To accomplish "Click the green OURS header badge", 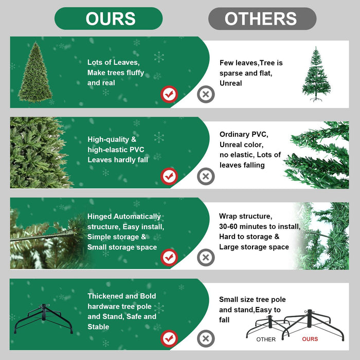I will [109, 19].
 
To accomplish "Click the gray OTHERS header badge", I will [262, 19].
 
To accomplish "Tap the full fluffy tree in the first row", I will [35, 73].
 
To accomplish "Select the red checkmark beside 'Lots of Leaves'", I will [169, 95].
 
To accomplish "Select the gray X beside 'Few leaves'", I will [206, 95].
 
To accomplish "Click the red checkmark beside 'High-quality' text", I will [169, 176].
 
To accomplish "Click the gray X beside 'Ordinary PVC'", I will [206, 176].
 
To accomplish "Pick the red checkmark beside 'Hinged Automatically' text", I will [169, 257].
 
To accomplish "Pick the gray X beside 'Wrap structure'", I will [206, 257].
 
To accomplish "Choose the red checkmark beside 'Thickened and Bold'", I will [169, 338].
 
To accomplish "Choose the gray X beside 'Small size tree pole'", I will [206, 338].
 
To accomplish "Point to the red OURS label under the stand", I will [310, 339].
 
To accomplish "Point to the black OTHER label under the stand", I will [266, 339].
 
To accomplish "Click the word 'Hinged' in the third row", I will [99, 217].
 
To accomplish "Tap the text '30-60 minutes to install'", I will [260, 226].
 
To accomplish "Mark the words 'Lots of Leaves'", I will [113, 62].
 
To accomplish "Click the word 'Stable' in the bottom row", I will [98, 327].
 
